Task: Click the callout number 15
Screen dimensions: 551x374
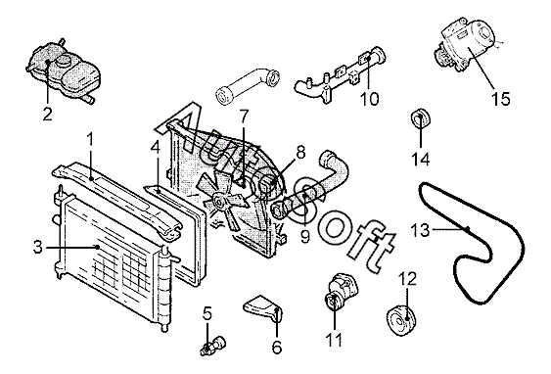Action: [x=500, y=99]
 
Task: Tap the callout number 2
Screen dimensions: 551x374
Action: [x=47, y=115]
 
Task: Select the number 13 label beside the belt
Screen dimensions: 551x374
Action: [x=420, y=230]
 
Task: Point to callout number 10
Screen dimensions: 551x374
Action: [x=370, y=99]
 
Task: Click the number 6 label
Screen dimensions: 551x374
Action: [x=277, y=348]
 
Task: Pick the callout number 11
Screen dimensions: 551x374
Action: [x=334, y=340]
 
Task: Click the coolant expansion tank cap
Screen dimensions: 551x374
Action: [x=64, y=62]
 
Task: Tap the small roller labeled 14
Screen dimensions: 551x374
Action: [x=420, y=118]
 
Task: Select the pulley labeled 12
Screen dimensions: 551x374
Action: [x=401, y=321]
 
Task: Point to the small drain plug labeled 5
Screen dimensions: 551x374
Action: [x=213, y=345]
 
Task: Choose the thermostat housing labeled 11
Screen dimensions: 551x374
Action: [x=341, y=293]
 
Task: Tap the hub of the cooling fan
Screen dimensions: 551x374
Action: [x=219, y=201]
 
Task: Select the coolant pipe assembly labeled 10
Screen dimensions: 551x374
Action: [x=340, y=74]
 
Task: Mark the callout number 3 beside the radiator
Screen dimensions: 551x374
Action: [x=37, y=247]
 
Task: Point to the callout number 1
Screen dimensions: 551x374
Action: [x=90, y=139]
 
